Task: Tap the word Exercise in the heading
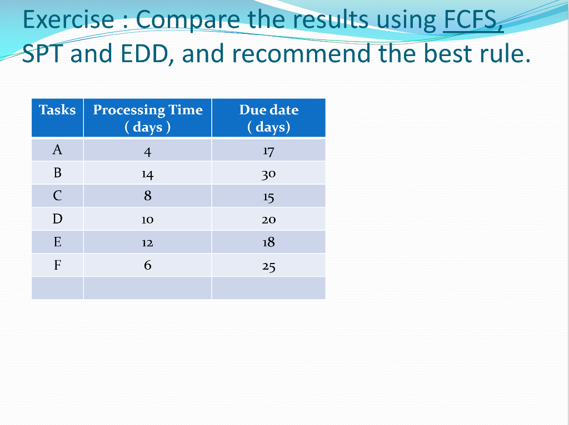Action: click(68, 21)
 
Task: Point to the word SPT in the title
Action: click(43, 54)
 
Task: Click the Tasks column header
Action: click(57, 110)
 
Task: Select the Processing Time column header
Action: click(147, 118)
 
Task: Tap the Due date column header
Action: click(268, 118)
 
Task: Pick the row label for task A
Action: click(57, 150)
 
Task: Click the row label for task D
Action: click(57, 219)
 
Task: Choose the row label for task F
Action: click(57, 265)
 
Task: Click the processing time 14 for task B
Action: click(147, 174)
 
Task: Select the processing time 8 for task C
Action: click(147, 196)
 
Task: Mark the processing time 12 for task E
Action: click(147, 242)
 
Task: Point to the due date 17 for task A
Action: click(268, 150)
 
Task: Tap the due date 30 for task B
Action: click(268, 174)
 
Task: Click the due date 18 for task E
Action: click(268, 242)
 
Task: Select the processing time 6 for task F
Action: click(147, 265)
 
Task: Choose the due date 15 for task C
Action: click(268, 197)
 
